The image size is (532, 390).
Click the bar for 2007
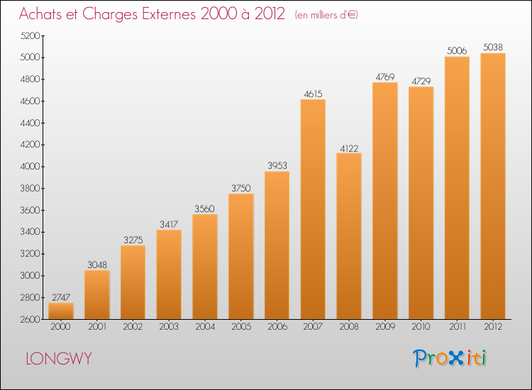[313, 209]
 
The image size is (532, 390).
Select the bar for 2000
[61, 311]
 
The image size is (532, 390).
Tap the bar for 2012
[493, 186]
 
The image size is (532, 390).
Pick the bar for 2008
[349, 236]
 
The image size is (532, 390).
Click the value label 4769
[385, 77]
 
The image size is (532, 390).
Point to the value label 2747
[61, 297]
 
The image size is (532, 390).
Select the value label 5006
[457, 51]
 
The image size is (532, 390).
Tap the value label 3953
[277, 165]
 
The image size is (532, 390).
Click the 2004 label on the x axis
[205, 327]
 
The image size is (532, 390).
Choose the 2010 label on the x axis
[421, 327]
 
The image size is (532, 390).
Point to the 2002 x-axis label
[133, 327]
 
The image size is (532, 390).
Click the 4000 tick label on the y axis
[31, 167]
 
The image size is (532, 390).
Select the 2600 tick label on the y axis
[31, 320]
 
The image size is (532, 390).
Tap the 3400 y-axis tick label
[31, 232]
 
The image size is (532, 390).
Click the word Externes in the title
[169, 14]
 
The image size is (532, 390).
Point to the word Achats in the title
[40, 14]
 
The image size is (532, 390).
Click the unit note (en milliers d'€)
[326, 15]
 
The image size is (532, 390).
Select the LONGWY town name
[59, 359]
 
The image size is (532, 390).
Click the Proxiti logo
[450, 358]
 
